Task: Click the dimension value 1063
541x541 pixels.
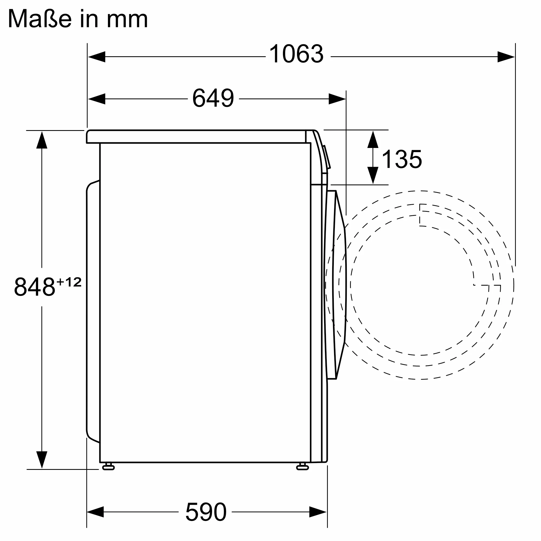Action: coord(296,54)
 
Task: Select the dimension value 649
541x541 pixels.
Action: coord(213,98)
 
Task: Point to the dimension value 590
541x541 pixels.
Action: coord(206,512)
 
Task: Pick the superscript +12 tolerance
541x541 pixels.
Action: coord(69,282)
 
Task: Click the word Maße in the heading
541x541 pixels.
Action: coord(40,19)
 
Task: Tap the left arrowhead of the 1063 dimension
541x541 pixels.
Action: coord(97,57)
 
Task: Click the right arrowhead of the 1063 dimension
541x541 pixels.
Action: coord(506,57)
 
